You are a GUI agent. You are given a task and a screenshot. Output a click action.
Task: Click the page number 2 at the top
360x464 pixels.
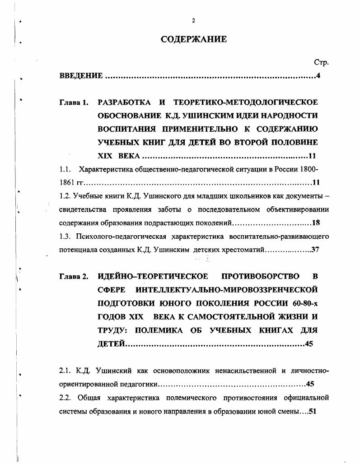(x=193, y=20)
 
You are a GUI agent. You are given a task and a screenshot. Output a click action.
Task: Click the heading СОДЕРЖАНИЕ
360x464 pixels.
(x=194, y=40)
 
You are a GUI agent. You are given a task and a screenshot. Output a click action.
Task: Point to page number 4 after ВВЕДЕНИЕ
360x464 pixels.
(x=318, y=75)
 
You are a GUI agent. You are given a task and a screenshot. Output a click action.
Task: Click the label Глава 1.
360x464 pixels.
(x=74, y=102)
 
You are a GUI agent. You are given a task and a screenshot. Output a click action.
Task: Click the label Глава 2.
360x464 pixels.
(x=74, y=276)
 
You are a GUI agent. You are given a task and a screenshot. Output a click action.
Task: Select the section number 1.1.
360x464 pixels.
(x=65, y=170)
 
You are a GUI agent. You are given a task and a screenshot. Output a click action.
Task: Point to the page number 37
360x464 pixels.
(x=315, y=249)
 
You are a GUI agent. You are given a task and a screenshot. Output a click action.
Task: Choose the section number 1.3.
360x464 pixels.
(x=65, y=236)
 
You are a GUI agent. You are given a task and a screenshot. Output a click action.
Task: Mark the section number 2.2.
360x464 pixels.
(x=65, y=398)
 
